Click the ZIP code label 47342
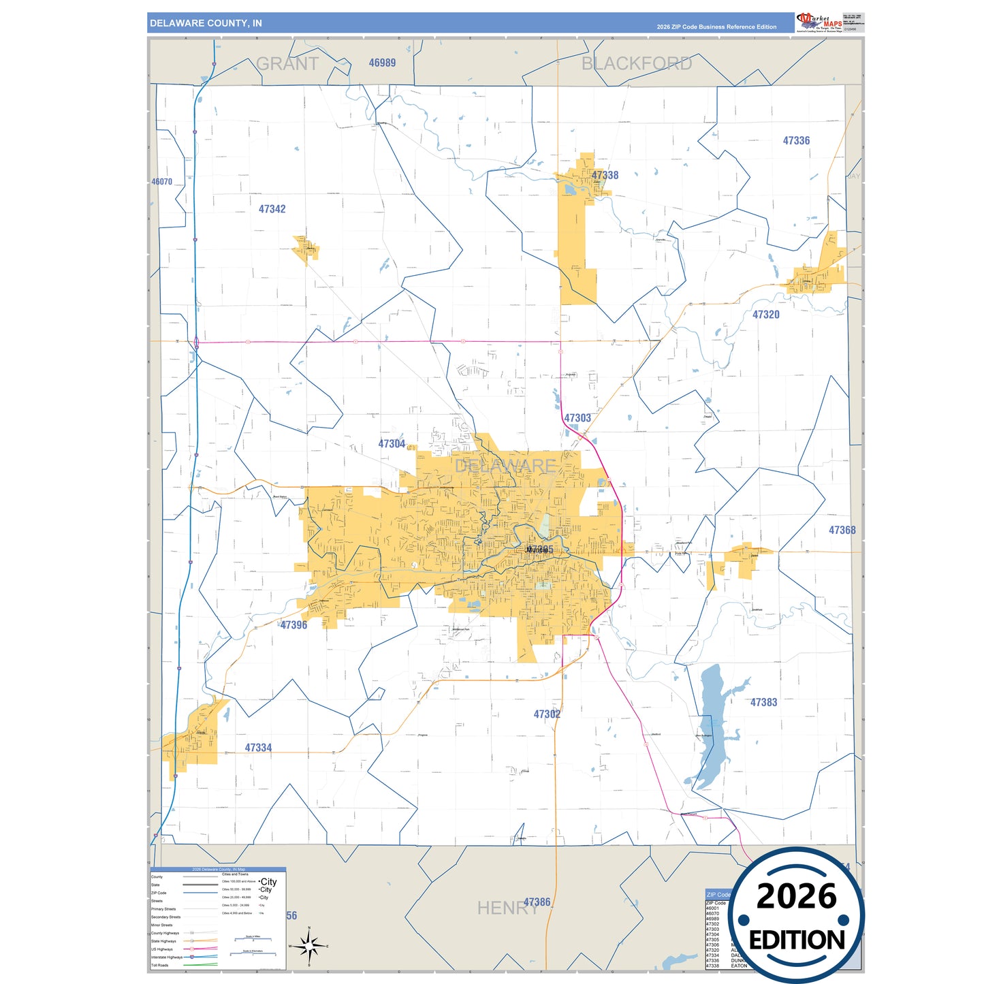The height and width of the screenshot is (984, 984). point(272,209)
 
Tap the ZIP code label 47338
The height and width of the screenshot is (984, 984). point(605,175)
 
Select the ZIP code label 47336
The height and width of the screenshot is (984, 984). point(796,140)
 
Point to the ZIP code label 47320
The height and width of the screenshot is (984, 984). point(765,315)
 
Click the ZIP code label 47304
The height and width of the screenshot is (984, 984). point(392,443)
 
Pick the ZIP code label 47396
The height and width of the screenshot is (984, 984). point(293,624)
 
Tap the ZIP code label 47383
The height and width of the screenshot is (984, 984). point(763,702)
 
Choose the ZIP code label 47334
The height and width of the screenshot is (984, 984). point(258,748)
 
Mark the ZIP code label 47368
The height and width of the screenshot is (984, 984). point(842,530)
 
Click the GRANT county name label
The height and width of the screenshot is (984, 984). point(287,64)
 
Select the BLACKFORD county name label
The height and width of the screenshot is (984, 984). point(636,63)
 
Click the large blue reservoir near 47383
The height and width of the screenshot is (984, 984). point(711,722)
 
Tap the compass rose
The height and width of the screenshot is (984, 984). point(309,946)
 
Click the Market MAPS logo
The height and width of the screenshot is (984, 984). point(819,22)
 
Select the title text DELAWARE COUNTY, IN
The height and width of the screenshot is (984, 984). point(206,23)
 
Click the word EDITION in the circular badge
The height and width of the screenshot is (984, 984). point(796,940)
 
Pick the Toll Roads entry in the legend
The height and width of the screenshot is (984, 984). point(160,965)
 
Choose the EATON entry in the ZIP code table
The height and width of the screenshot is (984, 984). point(738,966)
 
